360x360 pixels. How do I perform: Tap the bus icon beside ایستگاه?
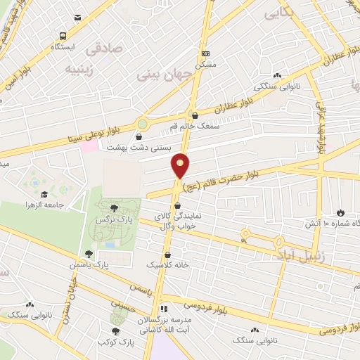(63, 36)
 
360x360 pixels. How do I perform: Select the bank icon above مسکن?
(205, 53)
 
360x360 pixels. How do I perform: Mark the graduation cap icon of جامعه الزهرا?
(44, 194)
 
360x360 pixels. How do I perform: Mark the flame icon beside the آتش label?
(342, 212)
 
